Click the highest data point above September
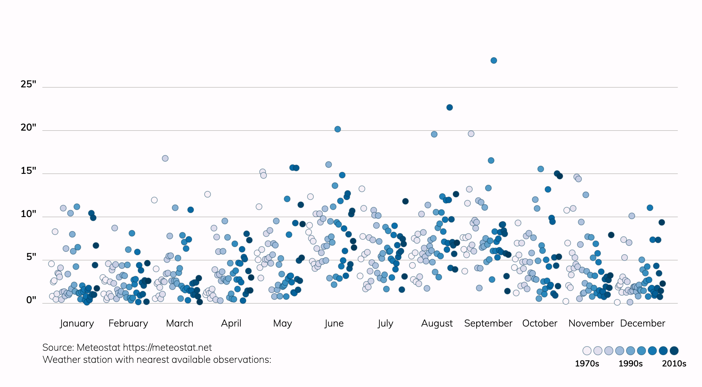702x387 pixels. (494, 60)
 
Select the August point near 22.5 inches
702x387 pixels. (449, 107)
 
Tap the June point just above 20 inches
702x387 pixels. (338, 129)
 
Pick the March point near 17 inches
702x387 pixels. (165, 158)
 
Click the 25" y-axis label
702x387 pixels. (28, 84)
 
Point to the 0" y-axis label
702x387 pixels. (31, 300)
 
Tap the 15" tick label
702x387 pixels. (28, 171)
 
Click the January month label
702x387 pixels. (77, 323)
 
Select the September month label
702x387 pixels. (488, 323)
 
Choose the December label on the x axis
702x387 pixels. (642, 323)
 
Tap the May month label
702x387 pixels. (282, 323)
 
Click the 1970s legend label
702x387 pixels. (587, 363)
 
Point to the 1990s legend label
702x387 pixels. (630, 363)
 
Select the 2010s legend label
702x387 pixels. (674, 363)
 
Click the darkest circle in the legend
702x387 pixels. (674, 351)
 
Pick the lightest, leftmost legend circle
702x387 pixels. (587, 351)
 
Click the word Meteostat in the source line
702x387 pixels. (99, 347)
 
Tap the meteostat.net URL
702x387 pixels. (167, 347)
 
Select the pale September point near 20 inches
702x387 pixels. (471, 134)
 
